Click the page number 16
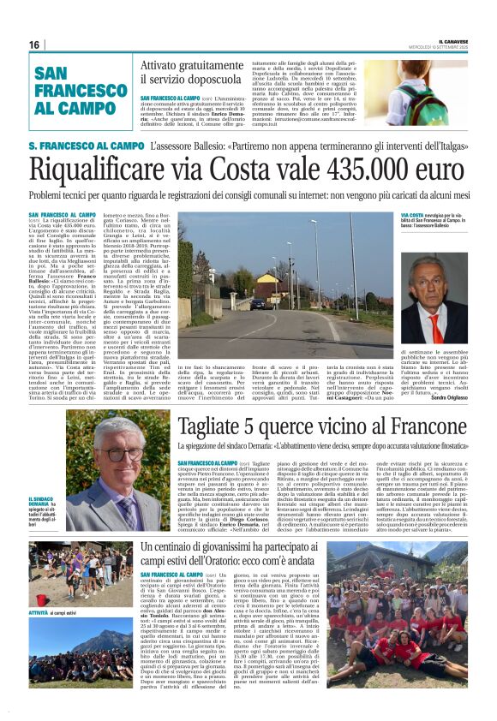click(x=34, y=45)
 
